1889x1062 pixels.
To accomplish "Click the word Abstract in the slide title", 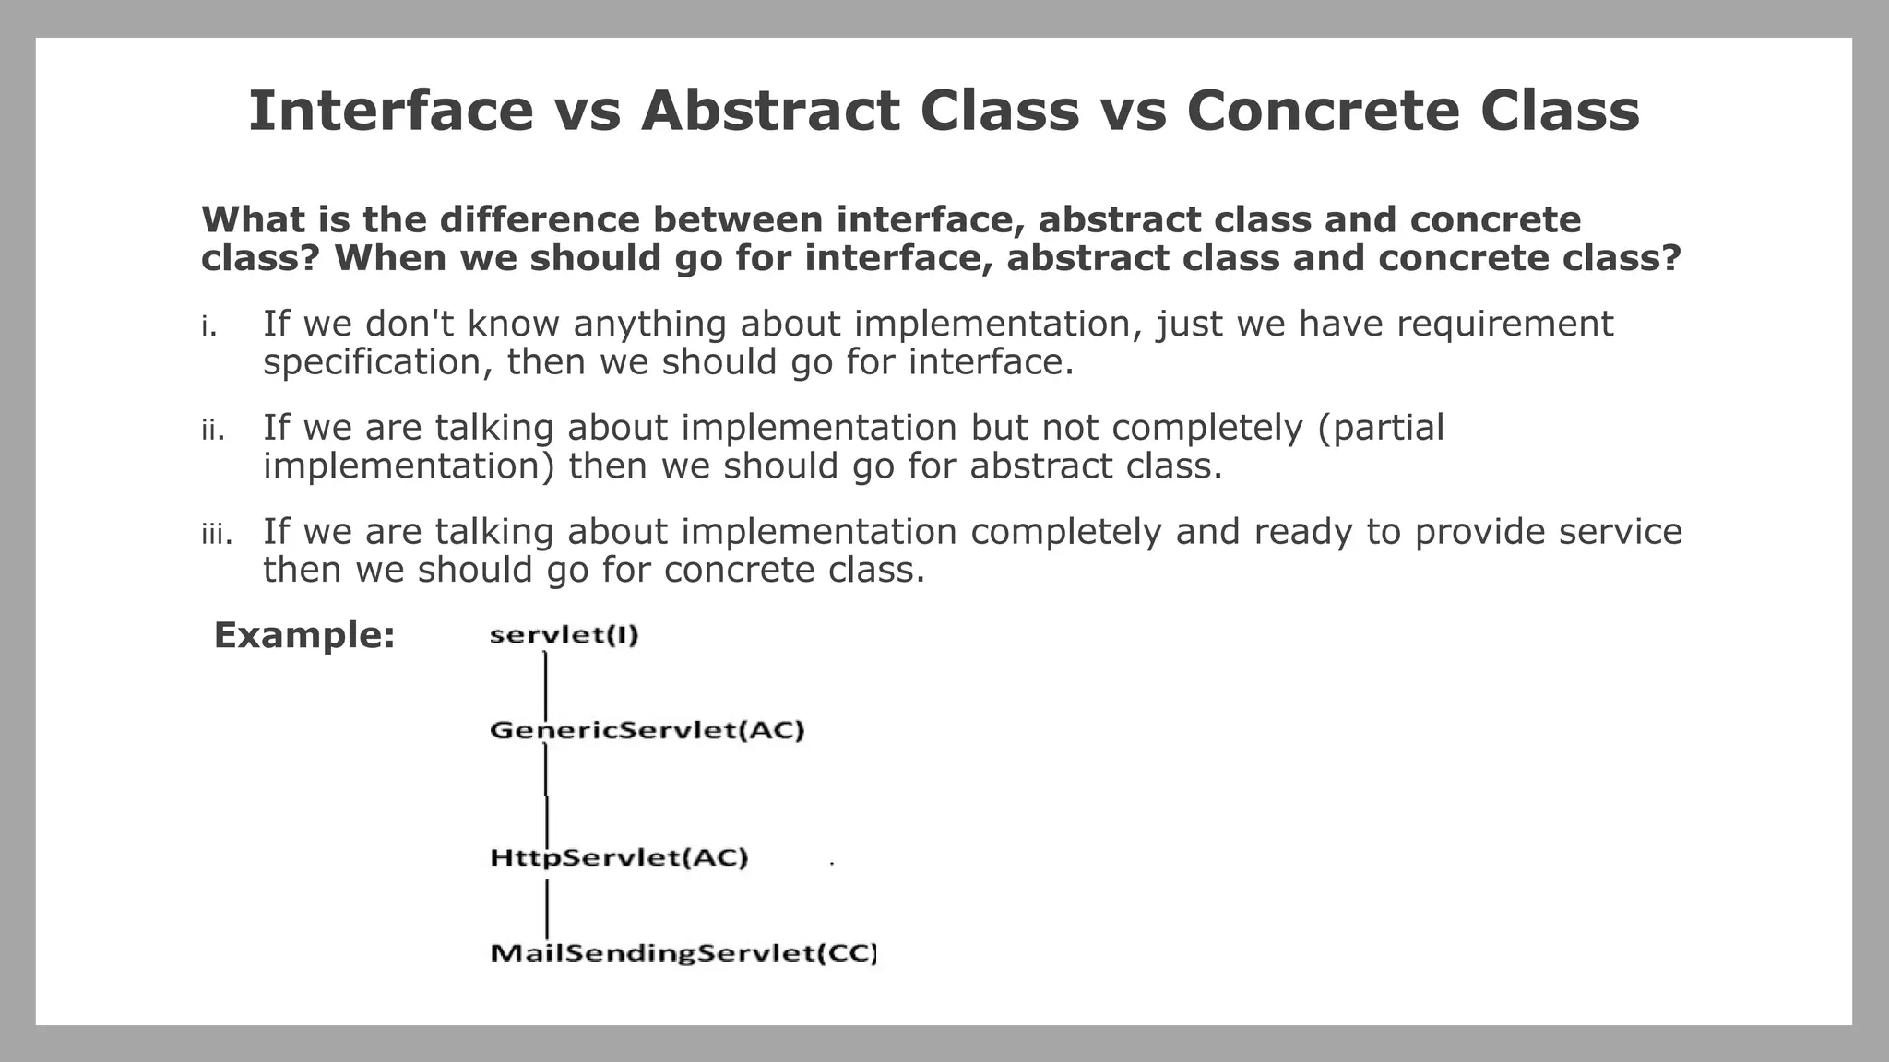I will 769,111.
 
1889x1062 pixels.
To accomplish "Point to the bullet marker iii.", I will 217,535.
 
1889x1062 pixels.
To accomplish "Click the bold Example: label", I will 304,635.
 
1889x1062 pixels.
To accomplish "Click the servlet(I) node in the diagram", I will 564,635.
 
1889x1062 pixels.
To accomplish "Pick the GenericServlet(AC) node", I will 647,730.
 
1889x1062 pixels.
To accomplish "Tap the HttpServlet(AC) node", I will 619,857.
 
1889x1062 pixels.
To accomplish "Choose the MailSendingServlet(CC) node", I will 683,952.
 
